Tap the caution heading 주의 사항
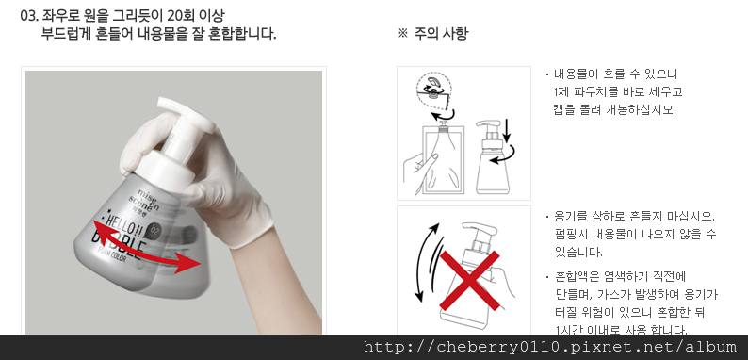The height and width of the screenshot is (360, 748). pyautogui.click(x=441, y=34)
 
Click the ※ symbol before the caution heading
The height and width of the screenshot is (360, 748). pyautogui.click(x=402, y=34)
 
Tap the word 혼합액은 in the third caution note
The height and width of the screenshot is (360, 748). pyautogui.click(x=577, y=277)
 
